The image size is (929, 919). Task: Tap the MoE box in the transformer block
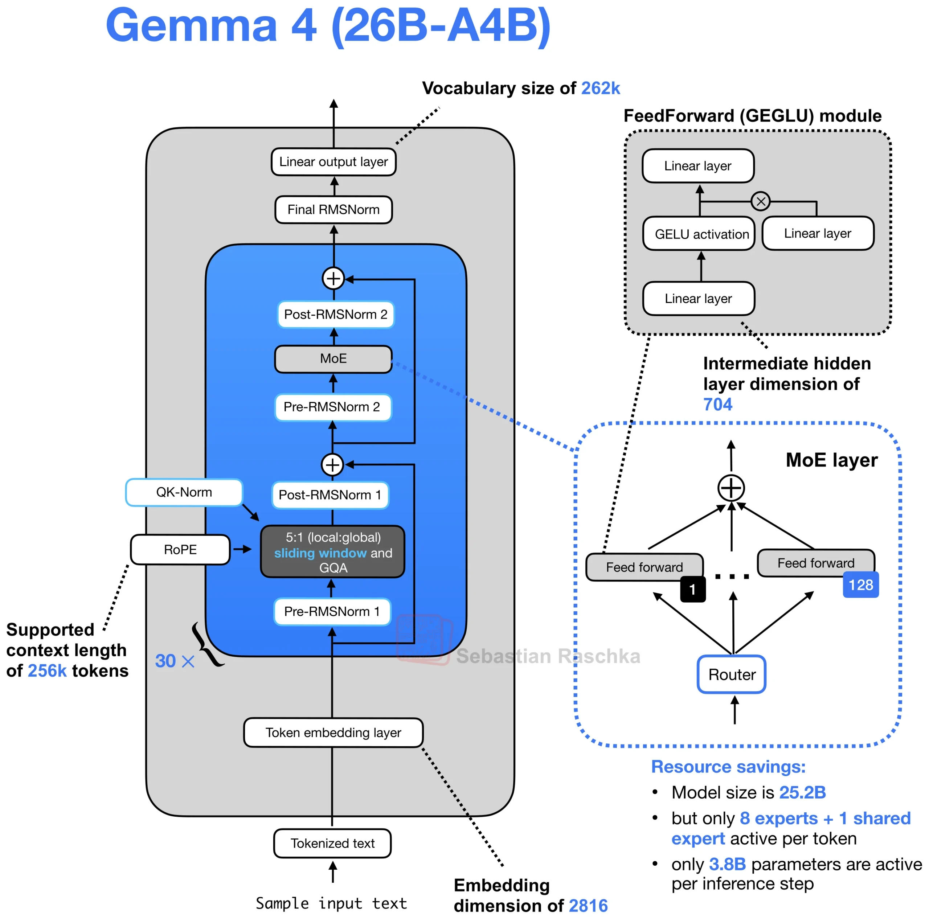click(x=333, y=358)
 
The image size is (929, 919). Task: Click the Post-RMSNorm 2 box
click(x=336, y=314)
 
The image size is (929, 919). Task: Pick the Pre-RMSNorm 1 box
click(x=332, y=611)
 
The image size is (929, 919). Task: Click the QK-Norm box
click(x=184, y=492)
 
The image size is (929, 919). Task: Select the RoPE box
click(x=180, y=549)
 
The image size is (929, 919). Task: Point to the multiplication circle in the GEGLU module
click(x=760, y=201)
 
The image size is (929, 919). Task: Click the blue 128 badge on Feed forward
click(x=860, y=585)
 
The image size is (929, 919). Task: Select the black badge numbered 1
click(x=692, y=589)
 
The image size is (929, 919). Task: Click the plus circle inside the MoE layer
click(x=731, y=488)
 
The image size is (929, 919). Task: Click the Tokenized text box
click(x=332, y=843)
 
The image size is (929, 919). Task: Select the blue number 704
click(x=717, y=404)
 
